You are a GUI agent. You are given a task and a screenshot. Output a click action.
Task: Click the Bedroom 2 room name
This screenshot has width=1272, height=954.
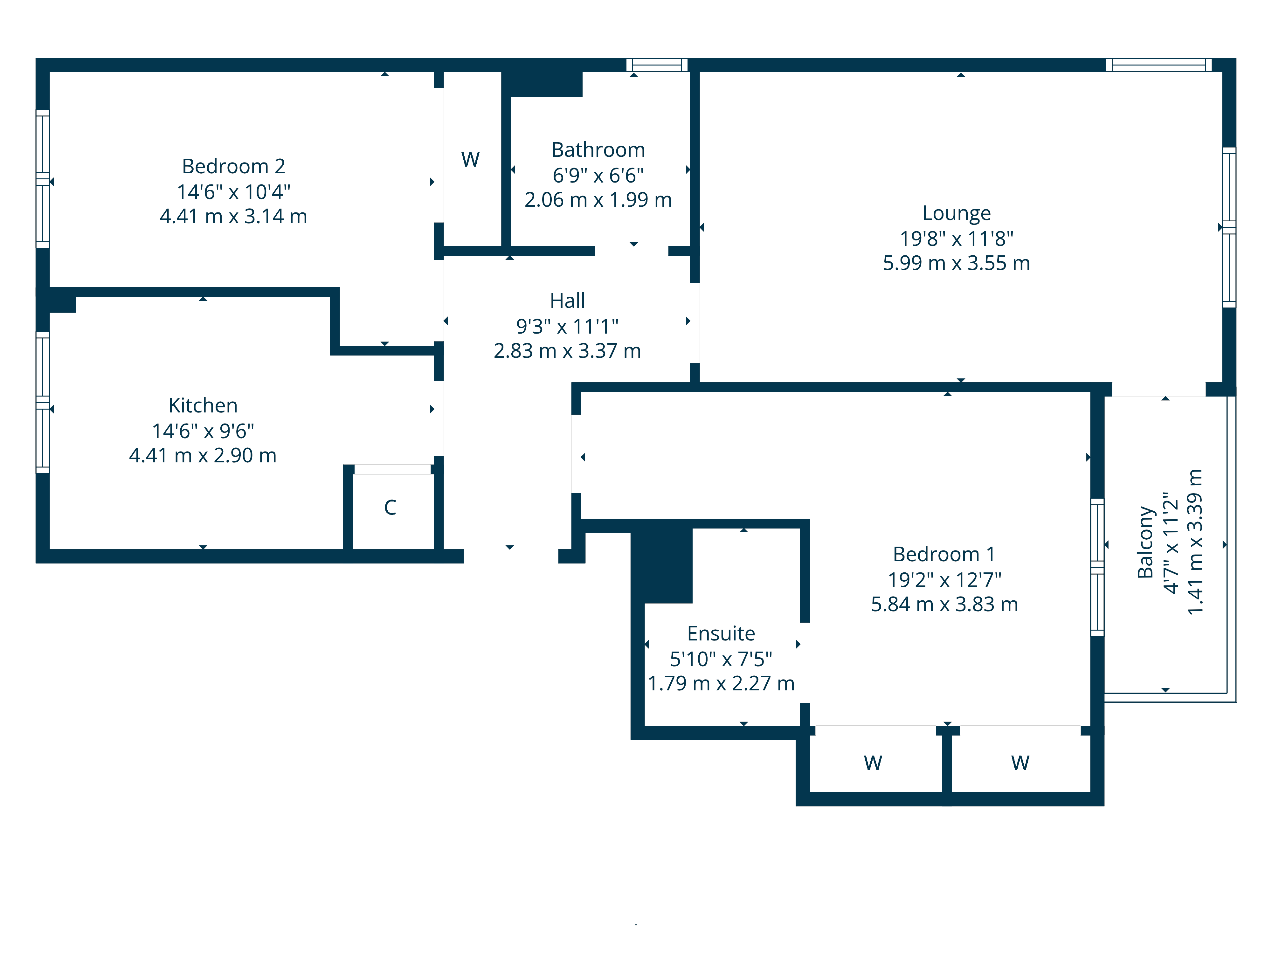233,166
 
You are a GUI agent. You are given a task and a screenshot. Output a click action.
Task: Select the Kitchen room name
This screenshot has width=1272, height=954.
203,405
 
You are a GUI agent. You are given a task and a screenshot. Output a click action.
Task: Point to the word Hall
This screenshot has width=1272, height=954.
568,301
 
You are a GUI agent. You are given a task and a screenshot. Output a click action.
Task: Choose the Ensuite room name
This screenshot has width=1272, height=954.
721,633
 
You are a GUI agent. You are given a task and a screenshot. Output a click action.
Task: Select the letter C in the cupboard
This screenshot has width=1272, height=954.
390,507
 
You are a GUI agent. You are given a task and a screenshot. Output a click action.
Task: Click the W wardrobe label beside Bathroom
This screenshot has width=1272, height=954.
470,159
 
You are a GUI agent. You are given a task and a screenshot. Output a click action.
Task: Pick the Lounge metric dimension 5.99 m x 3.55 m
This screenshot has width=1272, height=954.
956,263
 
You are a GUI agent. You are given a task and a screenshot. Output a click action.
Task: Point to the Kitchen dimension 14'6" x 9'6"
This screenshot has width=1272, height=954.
203,431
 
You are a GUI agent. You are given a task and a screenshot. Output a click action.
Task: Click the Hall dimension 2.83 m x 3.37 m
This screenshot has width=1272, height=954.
568,351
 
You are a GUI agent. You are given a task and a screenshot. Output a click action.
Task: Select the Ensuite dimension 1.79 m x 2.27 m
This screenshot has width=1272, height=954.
721,683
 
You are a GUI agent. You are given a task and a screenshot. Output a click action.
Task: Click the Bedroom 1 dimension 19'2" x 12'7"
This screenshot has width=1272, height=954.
944,580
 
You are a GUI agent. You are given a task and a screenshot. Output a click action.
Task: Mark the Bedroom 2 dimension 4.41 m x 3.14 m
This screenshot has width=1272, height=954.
233,216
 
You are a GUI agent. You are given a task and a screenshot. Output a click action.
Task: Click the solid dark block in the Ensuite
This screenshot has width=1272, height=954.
662,566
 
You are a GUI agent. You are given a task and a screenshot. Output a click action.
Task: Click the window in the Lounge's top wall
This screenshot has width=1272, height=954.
1159,65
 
